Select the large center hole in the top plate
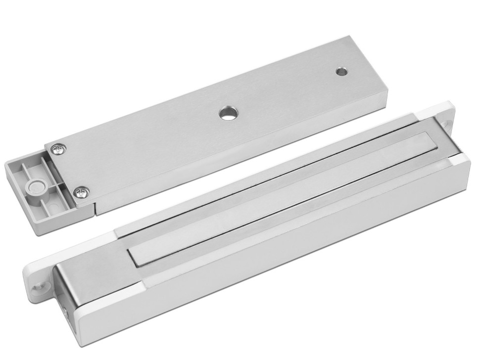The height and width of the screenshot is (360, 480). click(x=227, y=113)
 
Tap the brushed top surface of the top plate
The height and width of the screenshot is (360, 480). click(x=198, y=124)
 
